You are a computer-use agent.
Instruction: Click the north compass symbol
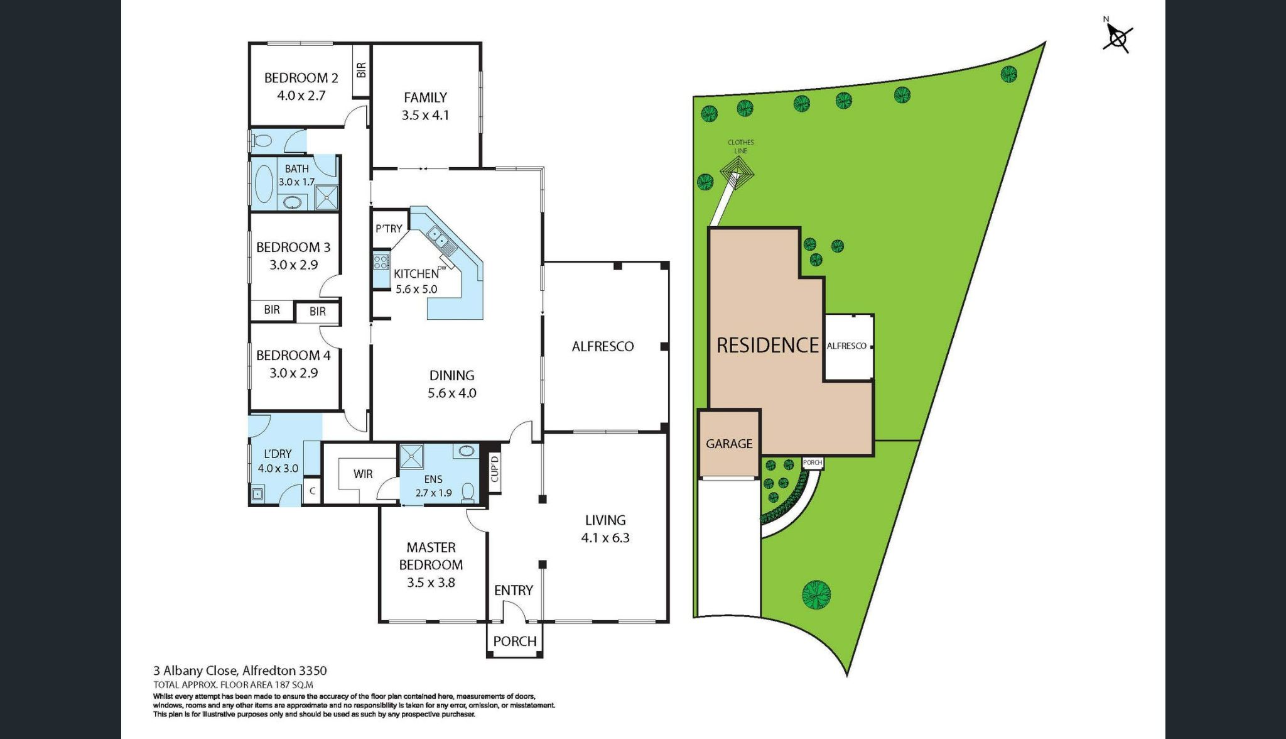[x=1118, y=38]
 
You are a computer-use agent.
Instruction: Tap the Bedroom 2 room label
[x=301, y=78]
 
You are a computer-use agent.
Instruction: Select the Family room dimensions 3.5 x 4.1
[x=425, y=116]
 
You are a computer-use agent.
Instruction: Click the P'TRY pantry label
[x=389, y=229]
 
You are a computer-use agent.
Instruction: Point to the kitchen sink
[x=437, y=238]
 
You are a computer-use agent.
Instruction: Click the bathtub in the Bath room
[x=264, y=183]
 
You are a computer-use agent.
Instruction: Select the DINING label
[x=451, y=376]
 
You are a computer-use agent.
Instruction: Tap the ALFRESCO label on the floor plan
[x=602, y=346]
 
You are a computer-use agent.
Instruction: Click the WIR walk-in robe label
[x=363, y=474]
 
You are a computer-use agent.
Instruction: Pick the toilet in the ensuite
[x=468, y=491]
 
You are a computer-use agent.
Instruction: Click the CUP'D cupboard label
[x=494, y=469]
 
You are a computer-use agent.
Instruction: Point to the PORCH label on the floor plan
[x=514, y=642]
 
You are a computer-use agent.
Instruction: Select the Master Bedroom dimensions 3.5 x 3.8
[x=431, y=583]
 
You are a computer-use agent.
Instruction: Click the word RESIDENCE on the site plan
[x=767, y=346]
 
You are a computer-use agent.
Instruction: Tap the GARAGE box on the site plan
[x=729, y=444]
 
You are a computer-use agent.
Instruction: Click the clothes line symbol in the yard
[x=736, y=170]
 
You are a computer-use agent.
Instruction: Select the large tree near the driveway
[x=816, y=594]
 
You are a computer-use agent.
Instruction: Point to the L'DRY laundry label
[x=278, y=454]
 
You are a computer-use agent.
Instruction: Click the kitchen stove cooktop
[x=381, y=261]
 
